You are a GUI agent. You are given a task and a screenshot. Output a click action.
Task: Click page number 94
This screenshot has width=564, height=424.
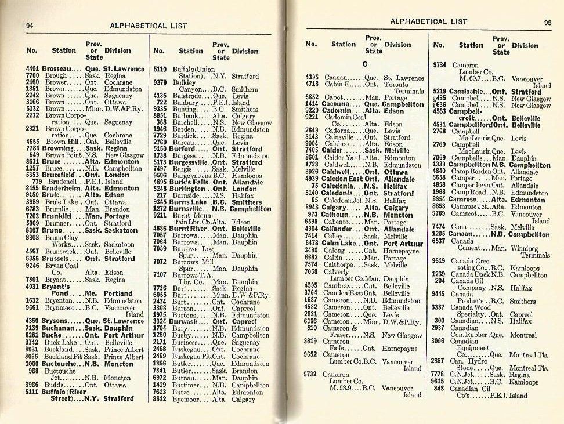click(x=30, y=26)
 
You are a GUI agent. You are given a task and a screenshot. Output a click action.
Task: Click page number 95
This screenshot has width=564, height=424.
click(x=548, y=23)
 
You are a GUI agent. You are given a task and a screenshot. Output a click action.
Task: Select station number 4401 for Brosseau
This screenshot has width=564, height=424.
click(x=32, y=69)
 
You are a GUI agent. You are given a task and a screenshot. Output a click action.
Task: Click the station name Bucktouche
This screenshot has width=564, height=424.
click(x=61, y=364)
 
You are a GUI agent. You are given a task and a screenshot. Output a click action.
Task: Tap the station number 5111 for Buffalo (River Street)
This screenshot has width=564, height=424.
click(x=32, y=392)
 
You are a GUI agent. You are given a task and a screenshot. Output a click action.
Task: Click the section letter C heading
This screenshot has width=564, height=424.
click(x=365, y=64)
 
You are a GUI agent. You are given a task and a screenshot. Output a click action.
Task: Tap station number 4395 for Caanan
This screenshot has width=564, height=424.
click(x=312, y=78)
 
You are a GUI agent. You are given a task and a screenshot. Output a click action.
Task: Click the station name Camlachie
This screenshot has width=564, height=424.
click(x=467, y=92)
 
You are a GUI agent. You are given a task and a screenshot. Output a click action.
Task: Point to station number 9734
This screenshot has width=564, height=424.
click(x=440, y=65)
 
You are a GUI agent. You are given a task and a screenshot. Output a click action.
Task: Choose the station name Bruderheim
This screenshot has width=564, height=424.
click(x=63, y=189)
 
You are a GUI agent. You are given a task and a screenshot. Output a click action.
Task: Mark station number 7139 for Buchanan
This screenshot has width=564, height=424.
click(x=32, y=328)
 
